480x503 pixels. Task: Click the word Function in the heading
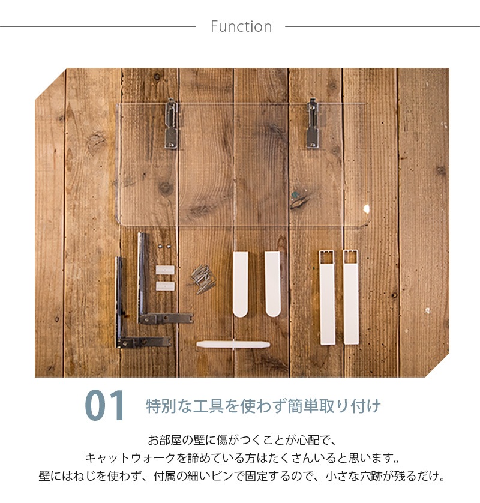tap(241, 26)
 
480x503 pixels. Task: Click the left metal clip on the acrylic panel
tap(172, 124)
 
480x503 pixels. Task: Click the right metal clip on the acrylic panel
tap(313, 124)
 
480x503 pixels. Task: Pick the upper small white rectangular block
tap(165, 270)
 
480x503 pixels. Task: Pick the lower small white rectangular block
tap(165, 286)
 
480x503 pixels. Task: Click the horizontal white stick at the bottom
tap(233, 345)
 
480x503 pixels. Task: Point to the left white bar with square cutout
tap(327, 298)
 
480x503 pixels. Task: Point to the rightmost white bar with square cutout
tap(351, 297)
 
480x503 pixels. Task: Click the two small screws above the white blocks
tap(164, 246)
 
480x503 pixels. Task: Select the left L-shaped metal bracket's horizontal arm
tap(144, 342)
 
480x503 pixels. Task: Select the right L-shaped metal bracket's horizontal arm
tap(166, 318)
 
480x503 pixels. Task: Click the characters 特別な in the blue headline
tap(169, 406)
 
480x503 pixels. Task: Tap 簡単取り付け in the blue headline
tap(334, 406)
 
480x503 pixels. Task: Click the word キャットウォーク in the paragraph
tap(131, 458)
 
